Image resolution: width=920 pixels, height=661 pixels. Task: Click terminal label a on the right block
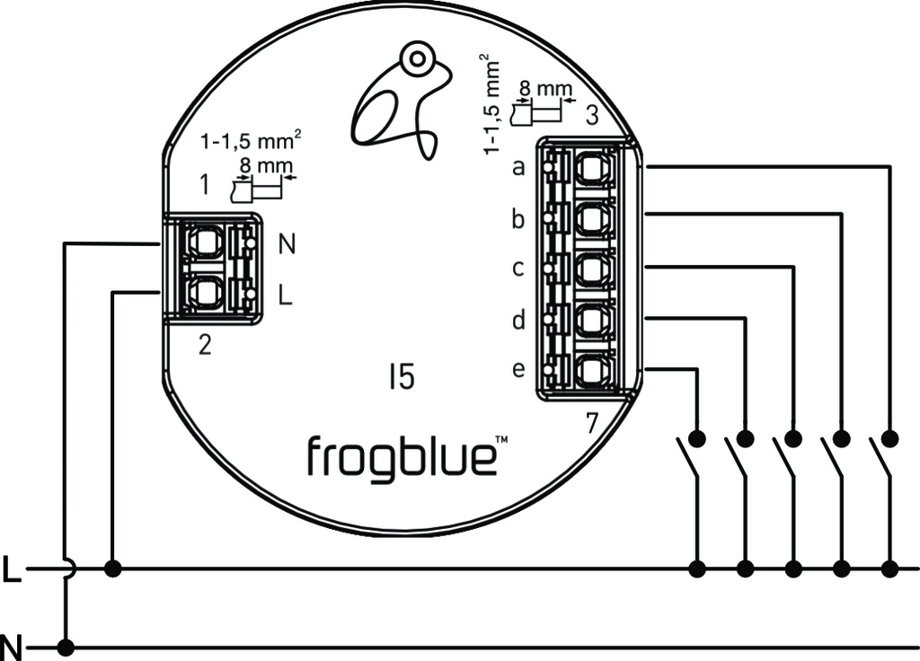click(x=517, y=167)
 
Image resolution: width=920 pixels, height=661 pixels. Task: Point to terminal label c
click(x=517, y=269)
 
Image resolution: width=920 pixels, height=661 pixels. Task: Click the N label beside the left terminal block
click(x=286, y=242)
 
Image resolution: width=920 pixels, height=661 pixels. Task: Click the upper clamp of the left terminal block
click(x=203, y=242)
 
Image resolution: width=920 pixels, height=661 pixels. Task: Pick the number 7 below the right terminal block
click(x=591, y=423)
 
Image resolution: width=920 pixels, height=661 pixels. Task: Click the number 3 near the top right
click(x=591, y=116)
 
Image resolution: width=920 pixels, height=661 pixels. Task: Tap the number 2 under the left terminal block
click(x=205, y=345)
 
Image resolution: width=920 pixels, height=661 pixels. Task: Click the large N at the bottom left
click(x=11, y=646)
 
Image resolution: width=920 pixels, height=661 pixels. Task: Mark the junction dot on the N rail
click(x=65, y=647)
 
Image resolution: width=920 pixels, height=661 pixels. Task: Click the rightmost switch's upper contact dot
click(x=889, y=438)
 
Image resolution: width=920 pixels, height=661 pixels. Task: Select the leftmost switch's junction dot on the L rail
click(x=697, y=568)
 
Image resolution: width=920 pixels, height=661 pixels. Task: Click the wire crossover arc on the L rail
click(x=68, y=568)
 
